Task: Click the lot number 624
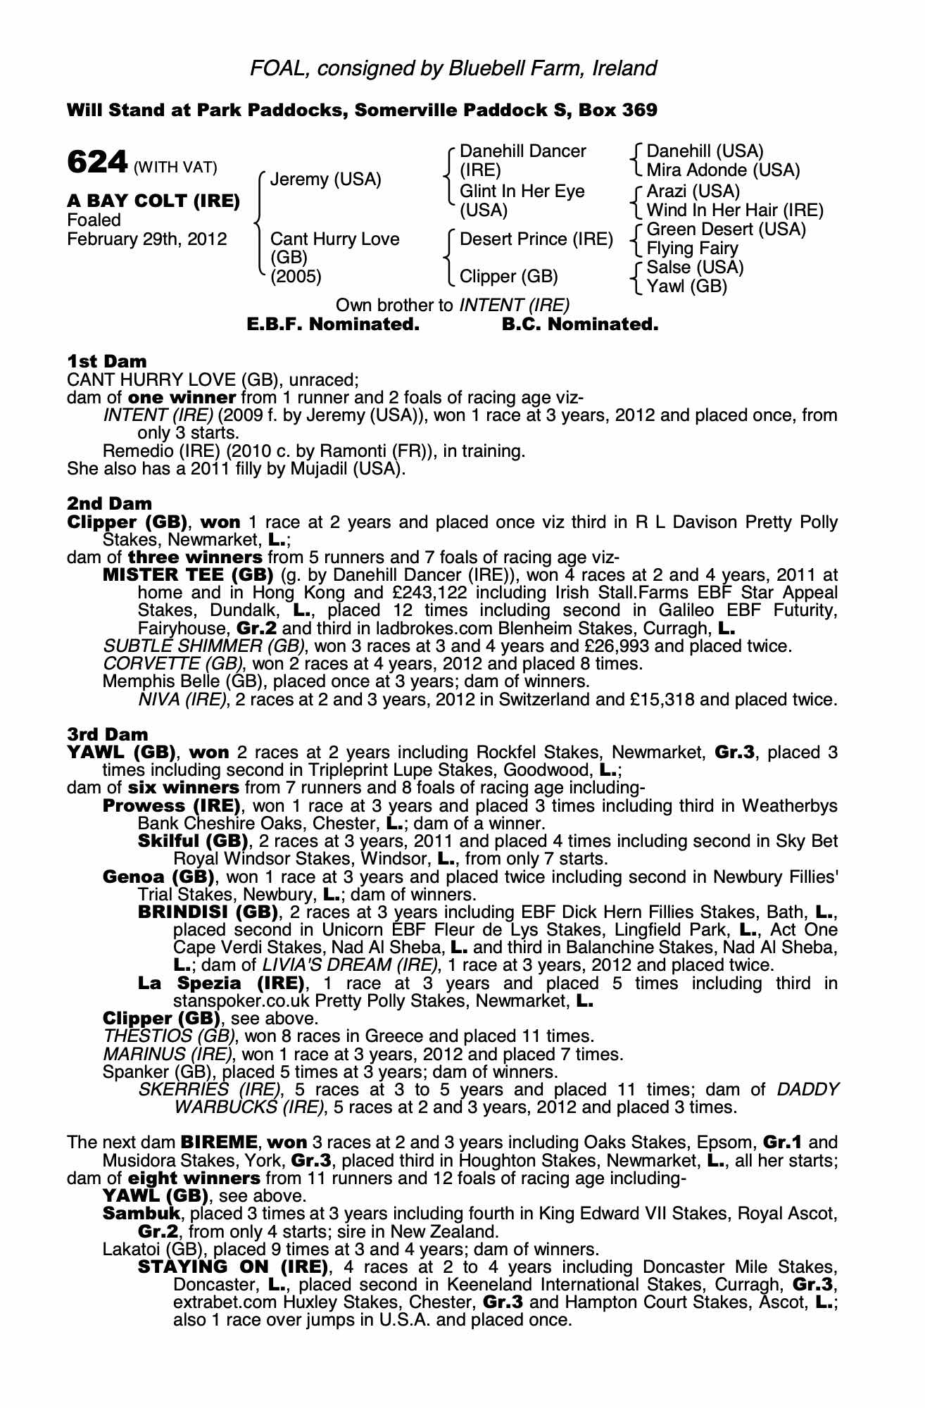(x=96, y=163)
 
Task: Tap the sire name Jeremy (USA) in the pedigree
(x=325, y=180)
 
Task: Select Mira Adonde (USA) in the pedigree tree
(x=723, y=170)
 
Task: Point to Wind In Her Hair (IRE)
(x=734, y=210)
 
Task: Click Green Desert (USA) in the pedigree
(x=726, y=230)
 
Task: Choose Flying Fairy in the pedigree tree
(x=692, y=249)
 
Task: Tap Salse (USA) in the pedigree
(x=695, y=268)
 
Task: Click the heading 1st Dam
(x=107, y=361)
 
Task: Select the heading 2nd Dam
(x=109, y=503)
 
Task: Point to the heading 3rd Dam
(x=108, y=734)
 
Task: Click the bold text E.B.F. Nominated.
(x=333, y=325)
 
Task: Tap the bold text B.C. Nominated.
(x=580, y=325)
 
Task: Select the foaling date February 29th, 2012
(x=147, y=239)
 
